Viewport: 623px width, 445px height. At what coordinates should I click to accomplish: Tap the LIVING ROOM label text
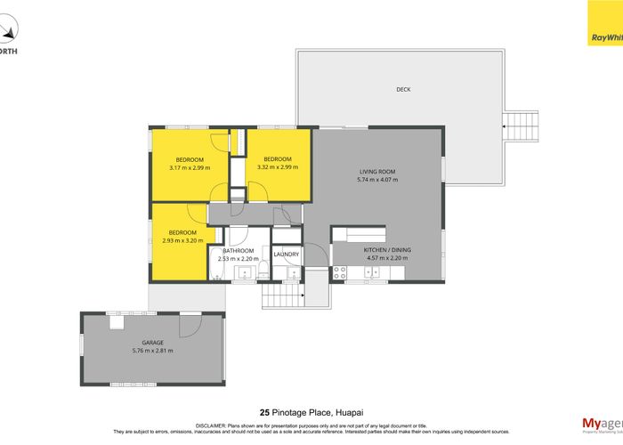tap(377, 171)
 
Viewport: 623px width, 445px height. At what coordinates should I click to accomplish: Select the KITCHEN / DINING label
tap(386, 251)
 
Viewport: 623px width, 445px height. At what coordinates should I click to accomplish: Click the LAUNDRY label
tap(287, 255)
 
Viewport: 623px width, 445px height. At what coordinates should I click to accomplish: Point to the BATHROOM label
tap(239, 251)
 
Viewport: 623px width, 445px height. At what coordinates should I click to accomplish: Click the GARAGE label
tap(153, 342)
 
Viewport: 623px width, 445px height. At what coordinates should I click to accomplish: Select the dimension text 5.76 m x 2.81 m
tap(153, 351)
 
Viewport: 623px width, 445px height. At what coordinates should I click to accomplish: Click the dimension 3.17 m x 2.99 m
tap(190, 167)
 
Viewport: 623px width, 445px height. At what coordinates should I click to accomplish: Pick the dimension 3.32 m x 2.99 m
tap(278, 167)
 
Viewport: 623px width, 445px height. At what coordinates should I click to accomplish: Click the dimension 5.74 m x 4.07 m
tap(377, 180)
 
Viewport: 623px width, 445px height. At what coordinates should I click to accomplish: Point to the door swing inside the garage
tap(189, 327)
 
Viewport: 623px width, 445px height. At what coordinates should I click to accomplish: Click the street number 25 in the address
tap(263, 411)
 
